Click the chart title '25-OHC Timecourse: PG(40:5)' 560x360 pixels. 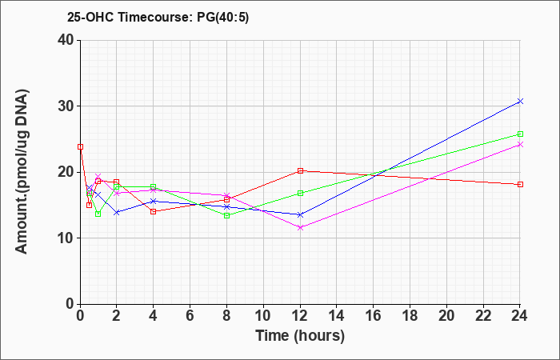click(158, 17)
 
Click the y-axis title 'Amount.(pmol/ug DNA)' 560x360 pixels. click(22, 171)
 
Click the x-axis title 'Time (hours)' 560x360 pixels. click(300, 336)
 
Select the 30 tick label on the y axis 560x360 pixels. click(66, 106)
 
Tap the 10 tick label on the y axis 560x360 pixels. click(66, 238)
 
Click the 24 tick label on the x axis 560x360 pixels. click(520, 316)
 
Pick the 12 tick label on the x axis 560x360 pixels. click(300, 316)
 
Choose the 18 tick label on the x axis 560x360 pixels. click(410, 316)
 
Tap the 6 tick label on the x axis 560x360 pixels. click(190, 316)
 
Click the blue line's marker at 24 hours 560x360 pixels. click(520, 102)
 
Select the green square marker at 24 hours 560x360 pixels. click(520, 134)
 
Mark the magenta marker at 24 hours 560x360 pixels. click(520, 144)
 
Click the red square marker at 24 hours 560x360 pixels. click(520, 184)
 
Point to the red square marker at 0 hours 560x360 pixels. click(80, 146)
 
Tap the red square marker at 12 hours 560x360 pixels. click(300, 170)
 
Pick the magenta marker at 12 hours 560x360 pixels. click(300, 227)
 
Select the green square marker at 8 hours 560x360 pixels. click(226, 215)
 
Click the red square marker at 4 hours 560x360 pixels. click(154, 211)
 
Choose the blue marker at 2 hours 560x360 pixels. click(117, 212)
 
